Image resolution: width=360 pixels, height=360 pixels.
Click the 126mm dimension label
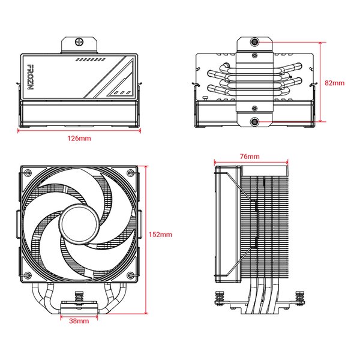pos(79,139)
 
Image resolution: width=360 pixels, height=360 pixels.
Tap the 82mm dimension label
pos(335,83)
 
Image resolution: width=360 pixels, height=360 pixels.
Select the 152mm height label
pos(160,235)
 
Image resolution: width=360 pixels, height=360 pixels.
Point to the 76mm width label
pos(250,157)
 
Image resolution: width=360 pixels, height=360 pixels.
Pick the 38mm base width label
pos(79,321)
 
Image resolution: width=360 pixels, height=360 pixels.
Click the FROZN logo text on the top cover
pos(31,77)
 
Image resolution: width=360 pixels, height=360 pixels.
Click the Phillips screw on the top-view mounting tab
pos(79,42)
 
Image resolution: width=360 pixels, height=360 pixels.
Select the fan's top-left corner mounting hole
pos(28,172)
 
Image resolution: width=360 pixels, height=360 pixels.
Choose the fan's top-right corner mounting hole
pos(130,172)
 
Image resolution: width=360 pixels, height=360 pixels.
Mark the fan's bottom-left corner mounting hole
pos(28,275)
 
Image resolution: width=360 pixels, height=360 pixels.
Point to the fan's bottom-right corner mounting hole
pos(130,275)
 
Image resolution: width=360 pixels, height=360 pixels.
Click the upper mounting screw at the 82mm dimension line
pos(254,42)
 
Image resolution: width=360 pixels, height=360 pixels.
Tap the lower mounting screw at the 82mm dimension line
pos(254,121)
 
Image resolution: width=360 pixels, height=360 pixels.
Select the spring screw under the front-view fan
pos(79,298)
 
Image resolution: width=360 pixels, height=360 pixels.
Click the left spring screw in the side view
pos(220,298)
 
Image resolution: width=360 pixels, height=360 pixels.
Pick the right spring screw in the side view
pos(300,298)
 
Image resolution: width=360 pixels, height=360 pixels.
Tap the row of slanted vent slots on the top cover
pos(91,60)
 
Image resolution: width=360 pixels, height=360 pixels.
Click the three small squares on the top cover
pos(122,93)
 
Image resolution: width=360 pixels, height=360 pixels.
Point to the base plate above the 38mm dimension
pos(79,309)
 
